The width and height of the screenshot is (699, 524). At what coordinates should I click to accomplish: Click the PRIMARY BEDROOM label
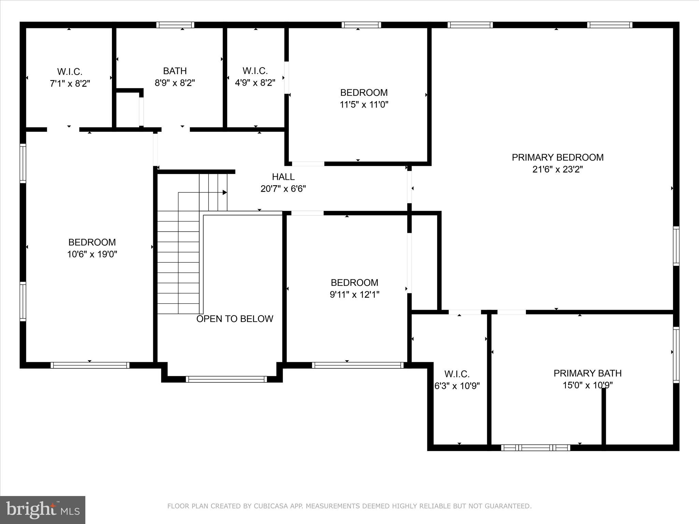557,157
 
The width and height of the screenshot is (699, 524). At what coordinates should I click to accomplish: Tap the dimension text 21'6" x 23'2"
557,170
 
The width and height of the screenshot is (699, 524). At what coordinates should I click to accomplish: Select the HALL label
283,177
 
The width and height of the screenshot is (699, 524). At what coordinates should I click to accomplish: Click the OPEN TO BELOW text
234,319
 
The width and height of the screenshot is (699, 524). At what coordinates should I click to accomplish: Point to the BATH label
175,71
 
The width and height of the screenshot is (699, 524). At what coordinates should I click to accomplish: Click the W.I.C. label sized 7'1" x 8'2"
70,72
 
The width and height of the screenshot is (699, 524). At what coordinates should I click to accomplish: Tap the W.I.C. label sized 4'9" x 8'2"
255,71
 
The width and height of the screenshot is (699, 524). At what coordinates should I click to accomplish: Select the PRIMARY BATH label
587,373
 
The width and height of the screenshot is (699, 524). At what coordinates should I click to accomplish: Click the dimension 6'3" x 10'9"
457,386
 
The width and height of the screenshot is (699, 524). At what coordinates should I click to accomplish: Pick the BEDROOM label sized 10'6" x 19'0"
92,242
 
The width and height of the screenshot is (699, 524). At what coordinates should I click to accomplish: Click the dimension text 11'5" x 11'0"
364,104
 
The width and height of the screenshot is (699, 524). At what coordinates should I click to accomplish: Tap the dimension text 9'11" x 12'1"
354,294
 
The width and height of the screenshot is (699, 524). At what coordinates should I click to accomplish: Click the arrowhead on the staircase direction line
225,192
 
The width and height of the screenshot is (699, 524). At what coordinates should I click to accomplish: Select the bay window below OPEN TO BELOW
226,379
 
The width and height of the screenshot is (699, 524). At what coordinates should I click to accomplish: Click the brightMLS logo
43,510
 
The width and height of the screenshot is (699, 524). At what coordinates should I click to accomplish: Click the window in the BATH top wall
175,25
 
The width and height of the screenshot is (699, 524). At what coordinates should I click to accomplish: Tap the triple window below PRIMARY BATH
535,448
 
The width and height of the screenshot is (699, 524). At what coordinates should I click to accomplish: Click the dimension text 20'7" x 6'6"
283,189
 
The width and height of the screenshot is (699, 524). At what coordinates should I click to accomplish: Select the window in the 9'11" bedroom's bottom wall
357,365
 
